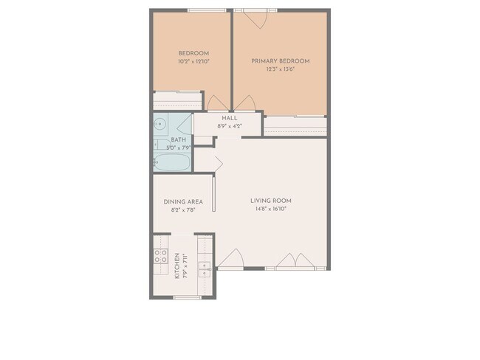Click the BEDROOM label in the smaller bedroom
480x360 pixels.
193,53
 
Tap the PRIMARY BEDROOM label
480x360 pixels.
280,60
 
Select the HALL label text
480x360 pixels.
228,117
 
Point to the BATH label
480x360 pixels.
179,139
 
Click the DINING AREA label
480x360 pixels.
182,201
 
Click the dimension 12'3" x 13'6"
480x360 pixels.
280,69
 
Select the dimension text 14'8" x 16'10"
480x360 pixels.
271,210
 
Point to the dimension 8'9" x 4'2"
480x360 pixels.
228,126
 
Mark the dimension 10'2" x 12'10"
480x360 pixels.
193,62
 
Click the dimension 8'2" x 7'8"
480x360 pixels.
182,210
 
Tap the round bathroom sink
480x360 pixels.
159,124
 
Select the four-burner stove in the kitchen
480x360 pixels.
160,257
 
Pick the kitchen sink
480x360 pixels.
206,266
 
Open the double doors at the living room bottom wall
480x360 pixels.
295,260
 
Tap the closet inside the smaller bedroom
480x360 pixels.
177,101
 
